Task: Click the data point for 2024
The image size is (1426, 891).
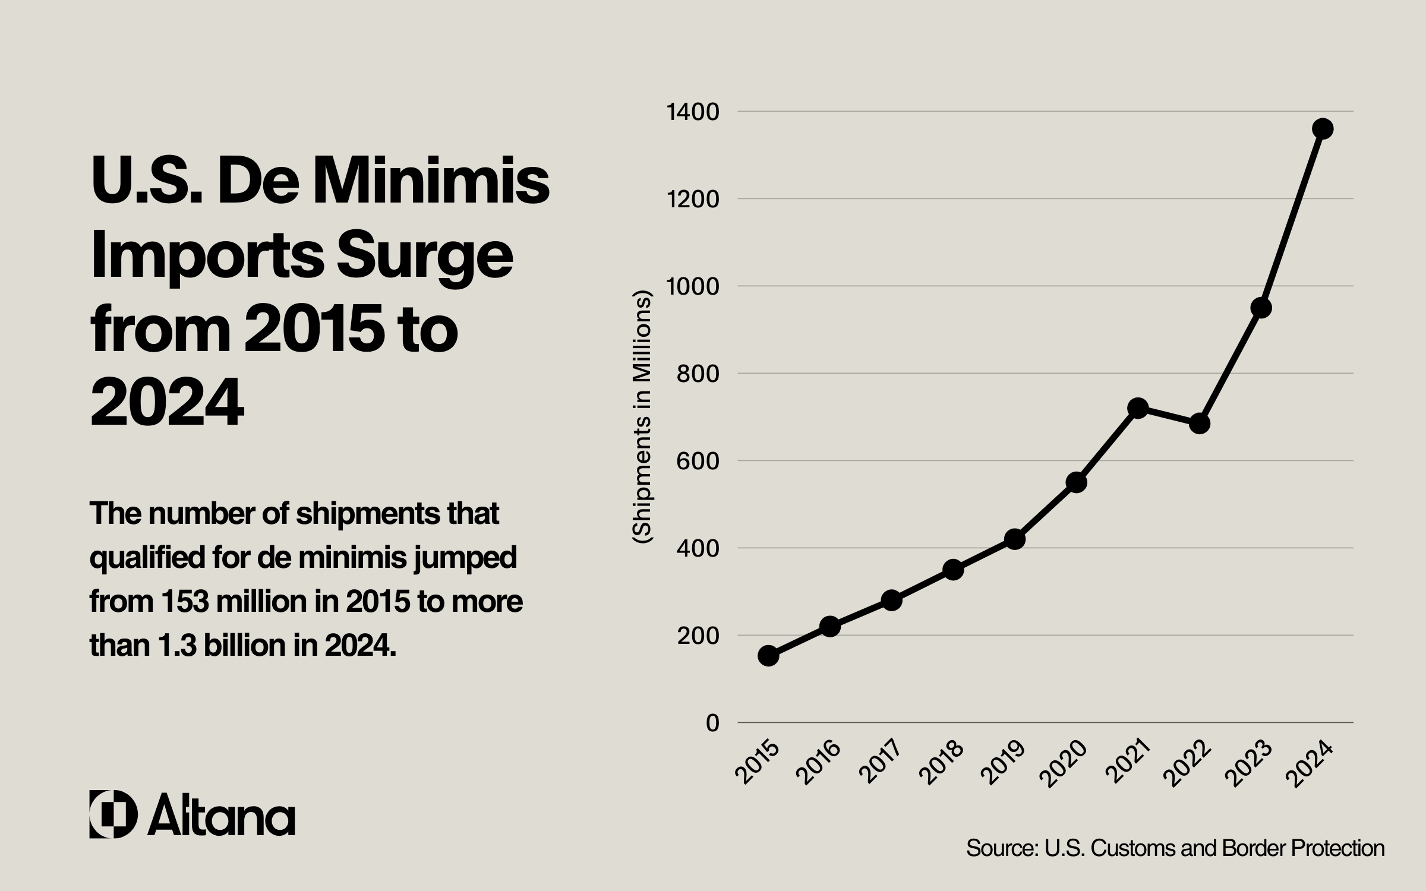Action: click(1323, 128)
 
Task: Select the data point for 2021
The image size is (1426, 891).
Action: click(1138, 408)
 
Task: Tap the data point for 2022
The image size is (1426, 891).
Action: click(1200, 424)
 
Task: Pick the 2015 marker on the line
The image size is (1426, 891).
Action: click(768, 656)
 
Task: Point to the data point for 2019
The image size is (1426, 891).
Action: click(1015, 539)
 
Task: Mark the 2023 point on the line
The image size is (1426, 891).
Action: click(1261, 308)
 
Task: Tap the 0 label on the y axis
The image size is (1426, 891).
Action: click(712, 723)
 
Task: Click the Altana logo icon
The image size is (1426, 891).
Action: click(113, 814)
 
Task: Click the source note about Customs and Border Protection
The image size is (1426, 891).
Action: click(1175, 848)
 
